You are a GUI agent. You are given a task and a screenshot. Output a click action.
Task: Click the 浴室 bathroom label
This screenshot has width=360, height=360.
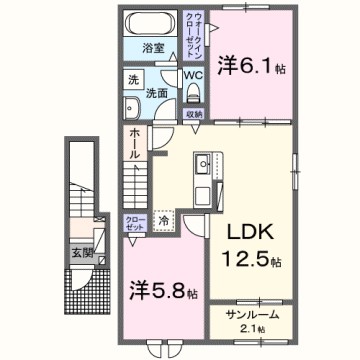[153, 48]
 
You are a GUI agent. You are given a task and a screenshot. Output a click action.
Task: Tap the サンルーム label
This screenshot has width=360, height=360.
[251, 315]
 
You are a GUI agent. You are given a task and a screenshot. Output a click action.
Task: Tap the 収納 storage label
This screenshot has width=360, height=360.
[196, 114]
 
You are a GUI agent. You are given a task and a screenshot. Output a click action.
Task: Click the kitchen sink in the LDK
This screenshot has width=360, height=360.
[202, 163]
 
